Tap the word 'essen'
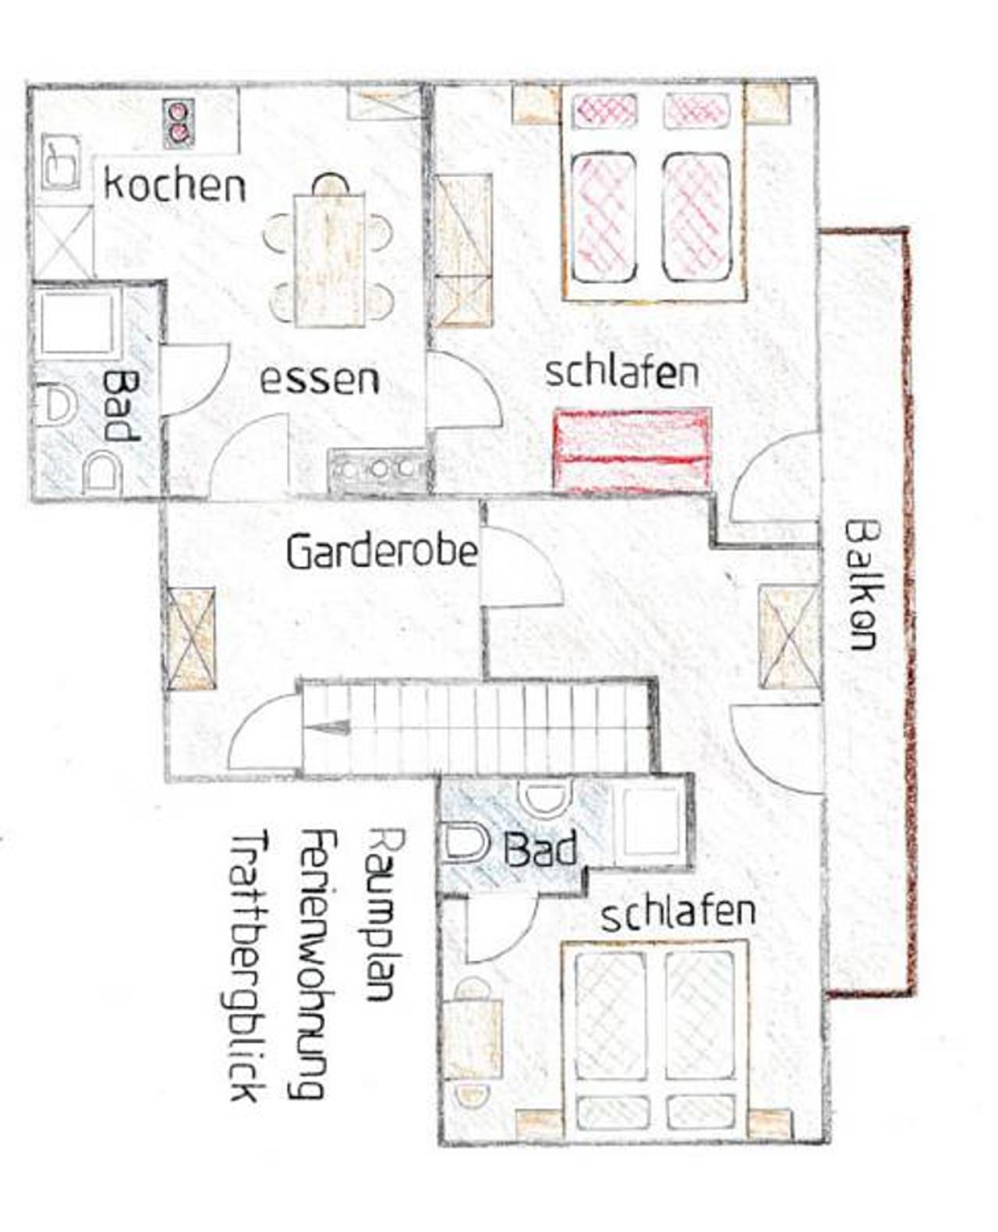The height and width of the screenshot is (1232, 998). click(x=319, y=380)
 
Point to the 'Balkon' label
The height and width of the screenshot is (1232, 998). click(x=862, y=585)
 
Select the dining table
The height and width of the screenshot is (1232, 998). click(x=330, y=260)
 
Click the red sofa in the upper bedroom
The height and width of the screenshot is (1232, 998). click(x=632, y=447)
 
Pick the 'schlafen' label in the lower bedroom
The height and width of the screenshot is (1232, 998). click(x=679, y=913)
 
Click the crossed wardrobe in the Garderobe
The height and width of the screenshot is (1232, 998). click(x=191, y=639)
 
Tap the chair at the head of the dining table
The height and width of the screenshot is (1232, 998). click(x=330, y=185)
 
